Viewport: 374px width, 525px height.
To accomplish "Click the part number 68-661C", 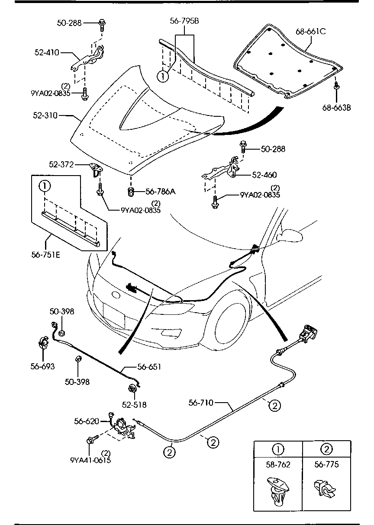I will (311, 32).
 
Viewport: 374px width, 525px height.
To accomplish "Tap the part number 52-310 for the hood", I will (45, 116).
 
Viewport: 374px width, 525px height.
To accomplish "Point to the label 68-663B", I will (336, 107).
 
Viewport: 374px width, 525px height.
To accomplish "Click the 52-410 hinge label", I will (46, 53).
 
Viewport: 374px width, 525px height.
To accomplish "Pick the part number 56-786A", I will (160, 192).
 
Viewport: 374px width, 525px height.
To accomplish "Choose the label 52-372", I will (61, 164).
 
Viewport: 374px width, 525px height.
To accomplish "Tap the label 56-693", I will (42, 366).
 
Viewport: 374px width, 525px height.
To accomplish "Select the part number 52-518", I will (134, 405).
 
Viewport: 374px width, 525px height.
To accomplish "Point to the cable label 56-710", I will (201, 403).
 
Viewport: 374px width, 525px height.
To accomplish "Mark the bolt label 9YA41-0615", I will (90, 460).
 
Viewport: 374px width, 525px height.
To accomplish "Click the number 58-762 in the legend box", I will (278, 465).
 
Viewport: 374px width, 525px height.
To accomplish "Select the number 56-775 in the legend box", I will (326, 465).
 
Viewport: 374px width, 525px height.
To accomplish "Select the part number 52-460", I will (264, 175).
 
